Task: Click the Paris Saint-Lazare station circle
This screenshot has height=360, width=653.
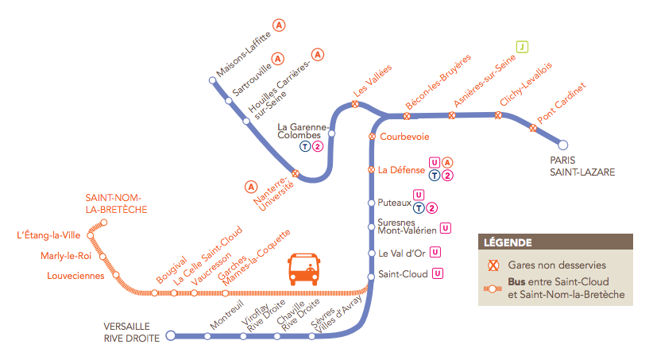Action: pos(563,145)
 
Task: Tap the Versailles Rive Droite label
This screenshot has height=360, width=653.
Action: pos(132,331)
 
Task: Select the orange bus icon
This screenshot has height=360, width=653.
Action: pos(303,269)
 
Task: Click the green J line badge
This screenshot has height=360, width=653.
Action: pos(522,46)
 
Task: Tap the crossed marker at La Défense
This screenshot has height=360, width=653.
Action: pos(371,169)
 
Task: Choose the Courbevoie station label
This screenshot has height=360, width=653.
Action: pos(404,136)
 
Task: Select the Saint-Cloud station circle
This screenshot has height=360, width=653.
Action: pos(371,275)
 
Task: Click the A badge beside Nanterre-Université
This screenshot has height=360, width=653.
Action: pos(251,187)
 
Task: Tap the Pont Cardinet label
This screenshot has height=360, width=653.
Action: pos(561,103)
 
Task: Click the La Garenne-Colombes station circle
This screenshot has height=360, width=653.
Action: pos(332,134)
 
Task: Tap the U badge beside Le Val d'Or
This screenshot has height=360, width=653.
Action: pos(435,253)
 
